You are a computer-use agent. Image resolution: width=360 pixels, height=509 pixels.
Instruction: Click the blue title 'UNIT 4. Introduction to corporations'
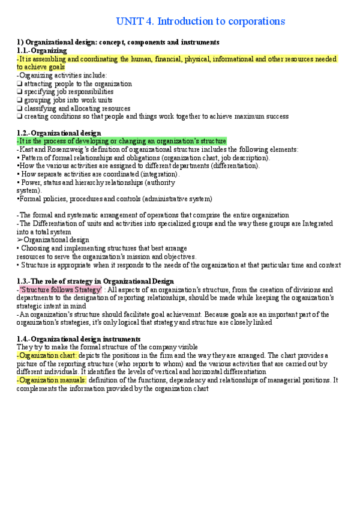click(x=200, y=22)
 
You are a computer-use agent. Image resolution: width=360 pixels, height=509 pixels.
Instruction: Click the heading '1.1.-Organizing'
click(x=42, y=51)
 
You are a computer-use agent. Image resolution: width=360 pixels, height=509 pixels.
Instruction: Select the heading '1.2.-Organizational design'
click(x=59, y=133)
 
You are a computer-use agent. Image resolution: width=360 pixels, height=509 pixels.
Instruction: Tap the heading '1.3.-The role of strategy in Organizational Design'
click(x=95, y=281)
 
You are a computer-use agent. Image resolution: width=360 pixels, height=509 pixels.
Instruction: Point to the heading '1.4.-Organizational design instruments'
click(x=79, y=339)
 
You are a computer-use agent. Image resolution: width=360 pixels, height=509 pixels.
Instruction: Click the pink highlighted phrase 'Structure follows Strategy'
click(x=61, y=289)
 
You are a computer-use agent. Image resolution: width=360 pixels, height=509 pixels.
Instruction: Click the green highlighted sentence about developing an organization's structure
click(x=122, y=140)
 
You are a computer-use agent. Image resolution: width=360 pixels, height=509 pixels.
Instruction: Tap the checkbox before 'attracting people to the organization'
click(x=20, y=84)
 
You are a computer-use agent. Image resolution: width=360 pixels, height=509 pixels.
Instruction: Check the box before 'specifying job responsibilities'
click(x=20, y=92)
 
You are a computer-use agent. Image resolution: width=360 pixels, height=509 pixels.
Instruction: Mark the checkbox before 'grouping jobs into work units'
click(x=20, y=100)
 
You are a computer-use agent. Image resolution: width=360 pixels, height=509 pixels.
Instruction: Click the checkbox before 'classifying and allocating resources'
click(x=20, y=109)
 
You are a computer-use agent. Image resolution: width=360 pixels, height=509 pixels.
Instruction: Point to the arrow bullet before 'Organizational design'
click(x=20, y=240)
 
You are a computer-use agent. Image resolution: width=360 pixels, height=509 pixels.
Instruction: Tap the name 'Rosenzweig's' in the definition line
click(x=64, y=149)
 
